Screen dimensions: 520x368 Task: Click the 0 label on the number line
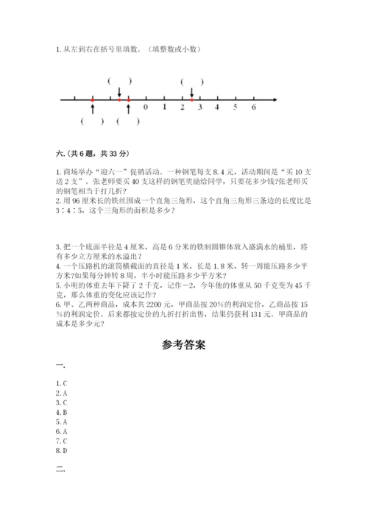coord(146,107)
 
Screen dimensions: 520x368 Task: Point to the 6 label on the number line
coord(253,107)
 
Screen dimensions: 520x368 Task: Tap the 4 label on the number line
coord(217,107)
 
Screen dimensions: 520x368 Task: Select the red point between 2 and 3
coord(191,99)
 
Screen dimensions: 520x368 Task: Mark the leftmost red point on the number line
coord(92,99)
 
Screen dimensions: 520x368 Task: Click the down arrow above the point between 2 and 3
coord(191,92)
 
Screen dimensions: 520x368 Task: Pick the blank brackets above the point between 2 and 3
coord(191,81)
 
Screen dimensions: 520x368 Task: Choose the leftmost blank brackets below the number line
coord(92,121)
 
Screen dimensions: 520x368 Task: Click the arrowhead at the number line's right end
coord(275,99)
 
